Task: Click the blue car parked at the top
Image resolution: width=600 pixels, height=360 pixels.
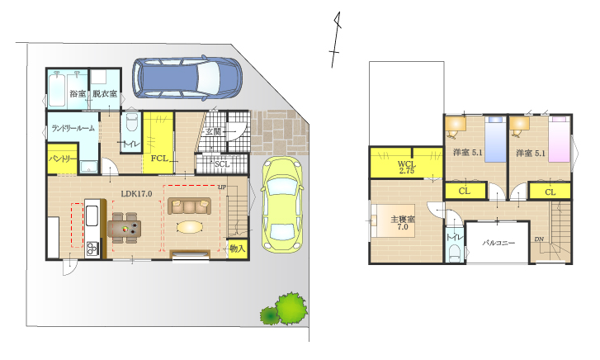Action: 187,78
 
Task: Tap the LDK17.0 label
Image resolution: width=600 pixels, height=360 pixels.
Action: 137,194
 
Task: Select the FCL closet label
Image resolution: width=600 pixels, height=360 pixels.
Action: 159,159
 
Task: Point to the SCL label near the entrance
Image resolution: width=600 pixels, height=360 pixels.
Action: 222,164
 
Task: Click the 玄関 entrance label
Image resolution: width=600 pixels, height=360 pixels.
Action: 213,132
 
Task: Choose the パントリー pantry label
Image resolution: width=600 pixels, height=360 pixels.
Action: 63,159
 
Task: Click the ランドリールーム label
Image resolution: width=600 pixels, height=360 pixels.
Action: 73,128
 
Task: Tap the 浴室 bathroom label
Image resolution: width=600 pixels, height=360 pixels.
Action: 78,93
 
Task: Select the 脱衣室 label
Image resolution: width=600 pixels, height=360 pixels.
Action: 105,93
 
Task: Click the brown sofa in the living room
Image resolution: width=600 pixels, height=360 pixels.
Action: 190,206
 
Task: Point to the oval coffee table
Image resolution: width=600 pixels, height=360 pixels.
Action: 190,227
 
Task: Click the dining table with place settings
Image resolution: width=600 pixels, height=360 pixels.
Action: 125,228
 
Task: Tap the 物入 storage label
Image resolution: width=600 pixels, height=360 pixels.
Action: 237,249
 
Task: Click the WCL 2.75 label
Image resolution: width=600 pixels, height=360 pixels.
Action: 407,168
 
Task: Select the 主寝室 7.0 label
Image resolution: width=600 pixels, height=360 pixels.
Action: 403,223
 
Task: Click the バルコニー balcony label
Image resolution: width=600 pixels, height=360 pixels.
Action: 498,243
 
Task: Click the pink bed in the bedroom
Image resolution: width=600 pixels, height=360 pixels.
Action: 559,139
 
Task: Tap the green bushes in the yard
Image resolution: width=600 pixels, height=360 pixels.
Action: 284,310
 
